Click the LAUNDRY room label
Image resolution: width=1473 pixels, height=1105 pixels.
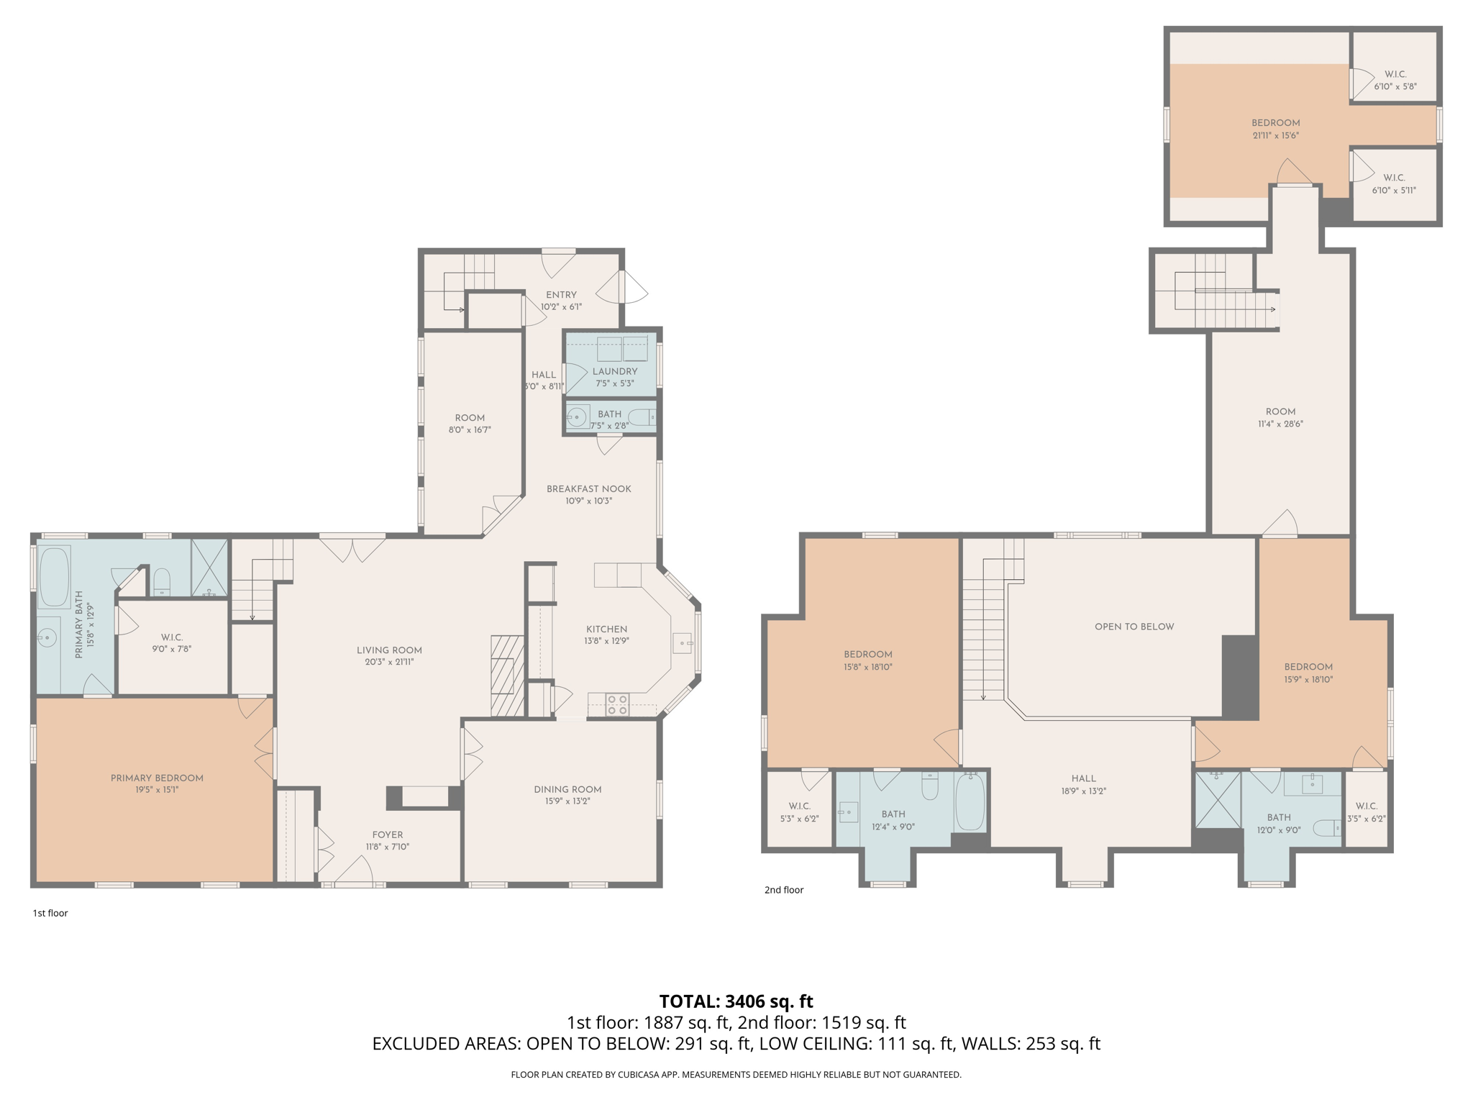pyautogui.click(x=614, y=371)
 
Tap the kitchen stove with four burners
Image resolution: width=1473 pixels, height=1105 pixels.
pyautogui.click(x=616, y=704)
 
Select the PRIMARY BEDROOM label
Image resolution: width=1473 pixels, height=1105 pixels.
pyautogui.click(x=157, y=778)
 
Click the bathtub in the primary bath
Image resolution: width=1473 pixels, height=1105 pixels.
pyautogui.click(x=54, y=577)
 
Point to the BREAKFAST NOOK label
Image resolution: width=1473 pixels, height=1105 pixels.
pyautogui.click(x=588, y=488)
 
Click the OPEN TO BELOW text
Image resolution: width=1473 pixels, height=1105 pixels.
pyautogui.click(x=1134, y=627)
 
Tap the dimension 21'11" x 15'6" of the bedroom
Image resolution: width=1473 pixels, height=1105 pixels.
pyautogui.click(x=1275, y=135)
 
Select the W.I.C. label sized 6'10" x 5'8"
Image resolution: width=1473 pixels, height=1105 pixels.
pyautogui.click(x=1395, y=74)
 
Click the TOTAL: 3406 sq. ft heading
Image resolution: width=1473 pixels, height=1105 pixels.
pyautogui.click(x=736, y=1001)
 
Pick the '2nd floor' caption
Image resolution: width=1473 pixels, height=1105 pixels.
pyautogui.click(x=783, y=890)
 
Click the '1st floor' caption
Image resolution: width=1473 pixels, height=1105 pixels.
pyautogui.click(x=50, y=913)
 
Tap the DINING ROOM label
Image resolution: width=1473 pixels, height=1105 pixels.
pyautogui.click(x=567, y=789)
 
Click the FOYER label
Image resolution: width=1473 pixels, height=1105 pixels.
pyautogui.click(x=388, y=835)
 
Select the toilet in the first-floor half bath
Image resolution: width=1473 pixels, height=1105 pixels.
pyautogui.click(x=642, y=417)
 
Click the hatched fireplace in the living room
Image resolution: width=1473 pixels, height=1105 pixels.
pyautogui.click(x=506, y=676)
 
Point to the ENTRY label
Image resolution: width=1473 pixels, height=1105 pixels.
pyautogui.click(x=561, y=294)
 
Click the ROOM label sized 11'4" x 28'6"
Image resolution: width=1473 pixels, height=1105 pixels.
pyautogui.click(x=1280, y=411)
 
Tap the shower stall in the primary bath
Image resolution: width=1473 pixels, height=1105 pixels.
pyautogui.click(x=209, y=568)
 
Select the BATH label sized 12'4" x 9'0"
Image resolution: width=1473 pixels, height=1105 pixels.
pyautogui.click(x=893, y=814)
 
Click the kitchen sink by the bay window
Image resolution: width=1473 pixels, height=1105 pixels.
pyautogui.click(x=682, y=642)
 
